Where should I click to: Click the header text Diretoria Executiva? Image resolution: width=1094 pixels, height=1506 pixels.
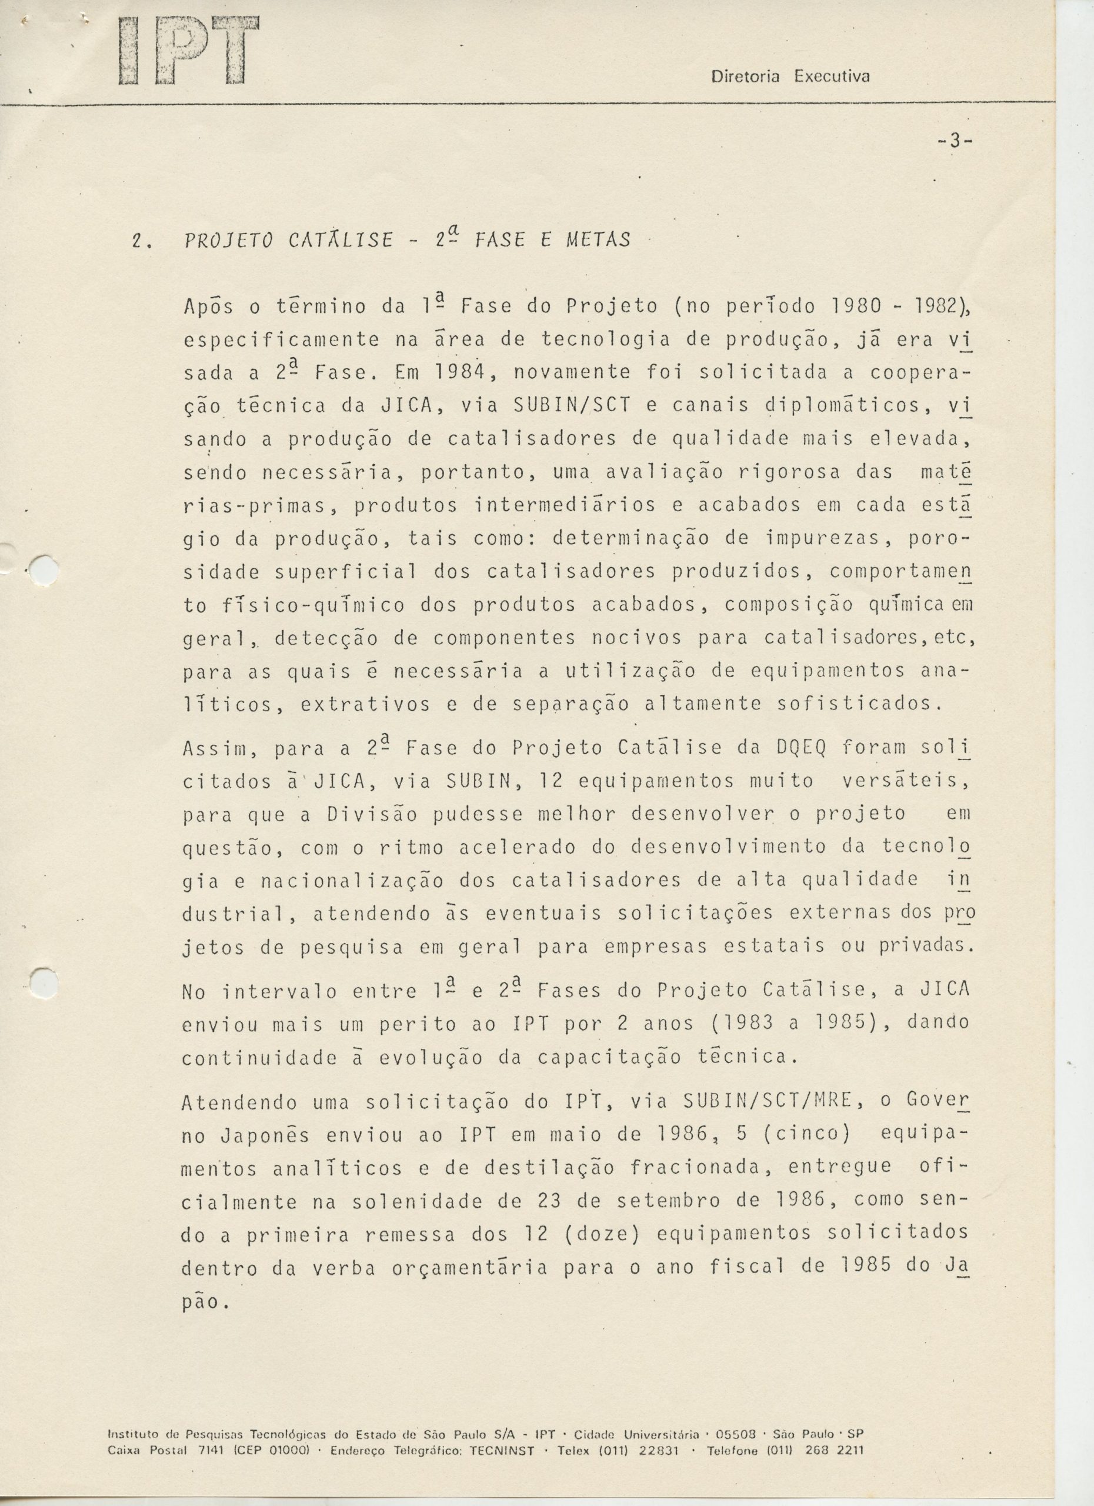[790, 77]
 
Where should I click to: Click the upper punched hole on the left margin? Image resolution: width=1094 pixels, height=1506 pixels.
[45, 569]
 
